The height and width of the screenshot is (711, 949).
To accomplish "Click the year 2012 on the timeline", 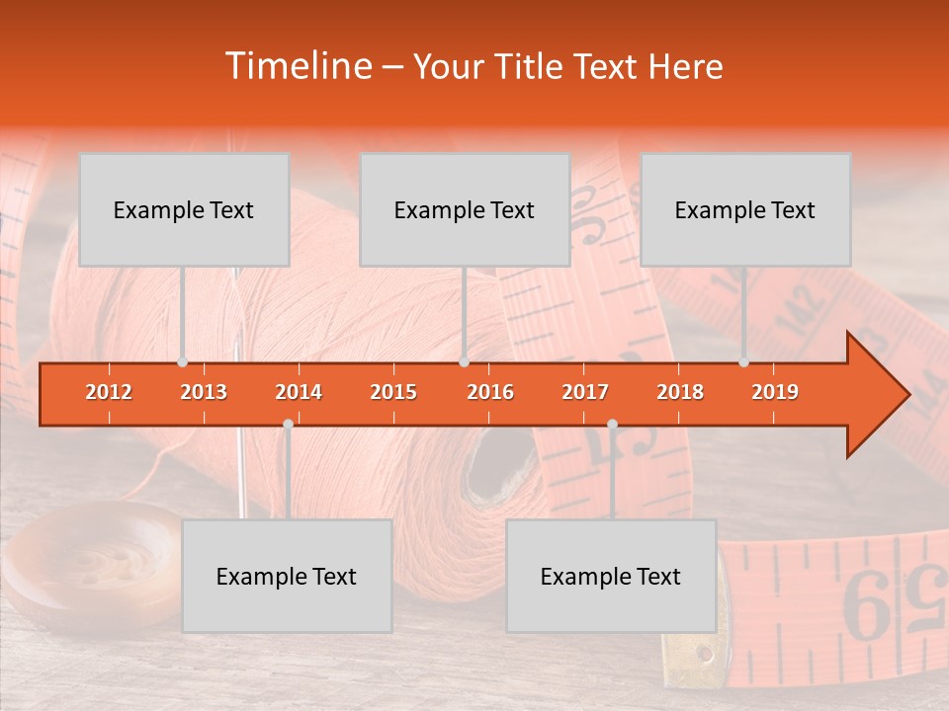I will point(109,392).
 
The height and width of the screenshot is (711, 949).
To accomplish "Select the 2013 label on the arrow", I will point(204,392).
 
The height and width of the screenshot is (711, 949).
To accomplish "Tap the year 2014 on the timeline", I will point(299,392).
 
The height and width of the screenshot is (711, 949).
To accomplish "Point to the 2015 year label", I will point(393,392).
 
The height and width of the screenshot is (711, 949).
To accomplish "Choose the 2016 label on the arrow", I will point(490,392).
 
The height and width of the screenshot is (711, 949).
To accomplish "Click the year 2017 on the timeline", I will point(585,392).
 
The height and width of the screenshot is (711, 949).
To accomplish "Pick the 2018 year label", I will point(680,392).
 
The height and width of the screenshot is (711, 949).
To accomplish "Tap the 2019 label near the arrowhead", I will point(775,392).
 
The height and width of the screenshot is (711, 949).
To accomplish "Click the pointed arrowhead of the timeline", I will point(880,394).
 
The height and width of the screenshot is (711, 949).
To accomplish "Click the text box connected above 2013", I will point(184,209).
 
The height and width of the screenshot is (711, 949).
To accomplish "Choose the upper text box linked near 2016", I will point(465,209).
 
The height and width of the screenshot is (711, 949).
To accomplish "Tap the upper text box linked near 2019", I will point(745,209).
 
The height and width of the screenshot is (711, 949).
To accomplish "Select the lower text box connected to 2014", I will point(287,576).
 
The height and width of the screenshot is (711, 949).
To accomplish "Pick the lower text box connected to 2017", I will point(611,576).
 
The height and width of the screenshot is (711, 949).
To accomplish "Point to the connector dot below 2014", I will point(288,424).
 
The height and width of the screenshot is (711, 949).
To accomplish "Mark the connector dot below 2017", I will point(612,424).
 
